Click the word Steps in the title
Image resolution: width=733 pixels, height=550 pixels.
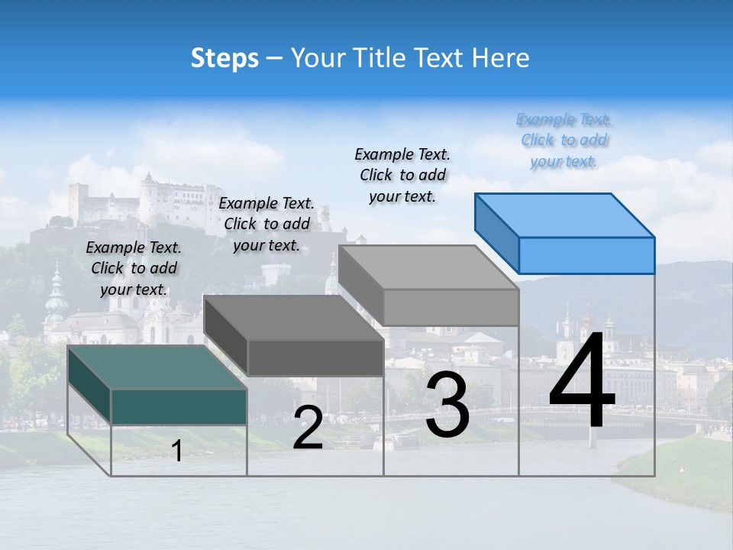[x=224, y=58]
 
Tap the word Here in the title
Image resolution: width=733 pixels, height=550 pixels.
[x=500, y=58]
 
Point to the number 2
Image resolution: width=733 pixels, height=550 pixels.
[x=308, y=428]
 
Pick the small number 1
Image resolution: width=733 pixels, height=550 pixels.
[x=177, y=451]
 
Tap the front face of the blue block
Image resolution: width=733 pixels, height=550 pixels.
[x=586, y=255]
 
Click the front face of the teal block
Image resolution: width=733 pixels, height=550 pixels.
[x=179, y=406]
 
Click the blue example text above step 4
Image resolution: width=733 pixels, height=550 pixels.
[x=564, y=141]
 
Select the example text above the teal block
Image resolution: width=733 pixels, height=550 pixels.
[x=134, y=268]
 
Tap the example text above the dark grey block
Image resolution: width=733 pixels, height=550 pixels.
[x=266, y=224]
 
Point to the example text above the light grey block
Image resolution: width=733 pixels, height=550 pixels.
[x=402, y=175]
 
